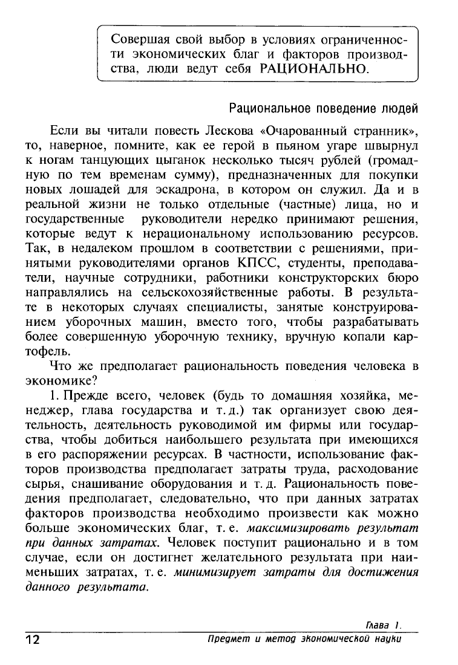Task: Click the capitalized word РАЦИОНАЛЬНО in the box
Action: (x=313, y=69)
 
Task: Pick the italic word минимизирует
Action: (x=211, y=571)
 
